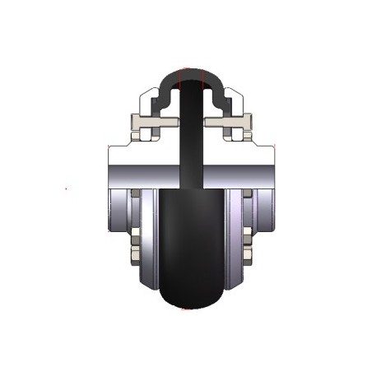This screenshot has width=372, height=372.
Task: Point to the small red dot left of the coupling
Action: pyautogui.click(x=67, y=190)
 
